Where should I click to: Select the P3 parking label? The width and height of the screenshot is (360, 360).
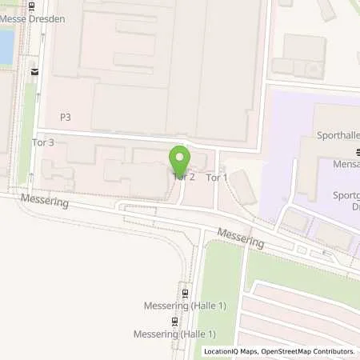[x=65, y=117]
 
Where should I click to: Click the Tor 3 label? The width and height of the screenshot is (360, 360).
[x=43, y=142]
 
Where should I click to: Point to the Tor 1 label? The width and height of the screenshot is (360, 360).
[x=217, y=178]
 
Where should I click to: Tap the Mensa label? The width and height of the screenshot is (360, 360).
[x=345, y=163]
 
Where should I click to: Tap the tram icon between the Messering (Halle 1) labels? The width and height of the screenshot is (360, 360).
[x=174, y=320]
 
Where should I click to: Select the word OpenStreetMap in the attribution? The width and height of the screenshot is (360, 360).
[x=283, y=351]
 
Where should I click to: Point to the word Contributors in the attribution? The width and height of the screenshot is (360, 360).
[x=332, y=351]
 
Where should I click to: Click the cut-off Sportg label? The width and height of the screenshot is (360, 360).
[x=343, y=194]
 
